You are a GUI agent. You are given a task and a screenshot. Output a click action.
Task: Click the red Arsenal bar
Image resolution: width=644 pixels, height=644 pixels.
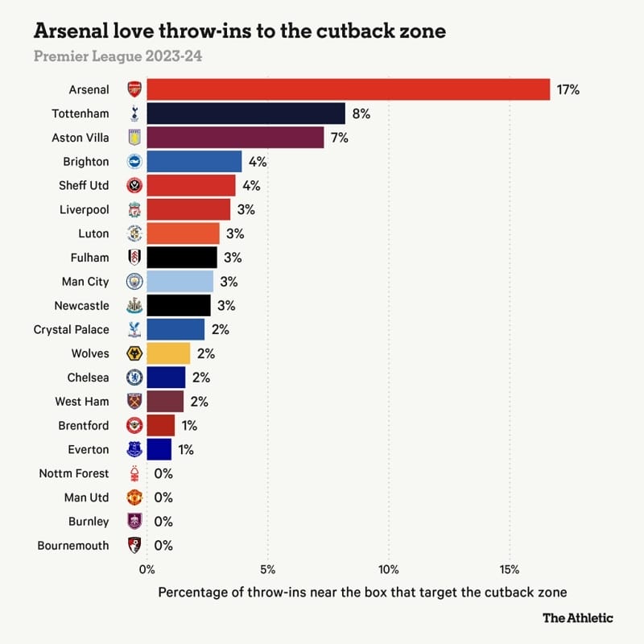[348, 89]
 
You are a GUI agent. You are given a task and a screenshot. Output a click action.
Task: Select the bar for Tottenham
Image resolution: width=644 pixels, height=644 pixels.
[246, 114]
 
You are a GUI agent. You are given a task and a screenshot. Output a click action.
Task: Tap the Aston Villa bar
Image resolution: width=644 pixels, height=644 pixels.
[235, 138]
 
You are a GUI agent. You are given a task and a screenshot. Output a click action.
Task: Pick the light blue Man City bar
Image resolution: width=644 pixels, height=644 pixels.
[180, 282]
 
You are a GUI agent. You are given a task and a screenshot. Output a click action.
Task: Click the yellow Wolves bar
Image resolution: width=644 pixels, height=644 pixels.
[168, 353]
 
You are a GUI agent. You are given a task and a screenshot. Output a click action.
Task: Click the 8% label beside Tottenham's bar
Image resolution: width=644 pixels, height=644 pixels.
[361, 114]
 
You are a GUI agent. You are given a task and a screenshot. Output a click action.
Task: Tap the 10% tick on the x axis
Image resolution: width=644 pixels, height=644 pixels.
[389, 570]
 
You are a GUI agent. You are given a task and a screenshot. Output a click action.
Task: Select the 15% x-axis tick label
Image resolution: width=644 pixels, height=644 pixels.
[510, 570]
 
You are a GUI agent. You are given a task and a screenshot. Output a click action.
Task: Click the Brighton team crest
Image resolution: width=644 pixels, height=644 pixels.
[134, 162]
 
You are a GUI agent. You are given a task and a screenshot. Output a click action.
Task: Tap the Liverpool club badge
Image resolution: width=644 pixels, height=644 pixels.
[134, 210]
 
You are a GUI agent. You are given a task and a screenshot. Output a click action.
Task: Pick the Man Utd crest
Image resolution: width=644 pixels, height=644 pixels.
[134, 497]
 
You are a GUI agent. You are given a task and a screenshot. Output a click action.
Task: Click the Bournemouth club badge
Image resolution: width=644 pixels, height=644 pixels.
[134, 546]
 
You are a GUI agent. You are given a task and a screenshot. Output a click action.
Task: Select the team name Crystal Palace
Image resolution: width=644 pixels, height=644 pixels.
[71, 329]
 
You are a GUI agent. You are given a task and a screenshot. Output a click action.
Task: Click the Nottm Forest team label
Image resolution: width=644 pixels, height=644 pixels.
[73, 473]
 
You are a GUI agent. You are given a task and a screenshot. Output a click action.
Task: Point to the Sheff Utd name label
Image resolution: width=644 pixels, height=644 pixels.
[84, 186]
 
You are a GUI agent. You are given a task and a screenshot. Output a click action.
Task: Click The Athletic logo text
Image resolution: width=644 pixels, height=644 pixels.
[577, 617]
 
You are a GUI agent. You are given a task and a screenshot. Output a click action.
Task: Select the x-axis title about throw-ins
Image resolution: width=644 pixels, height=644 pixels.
[362, 592]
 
